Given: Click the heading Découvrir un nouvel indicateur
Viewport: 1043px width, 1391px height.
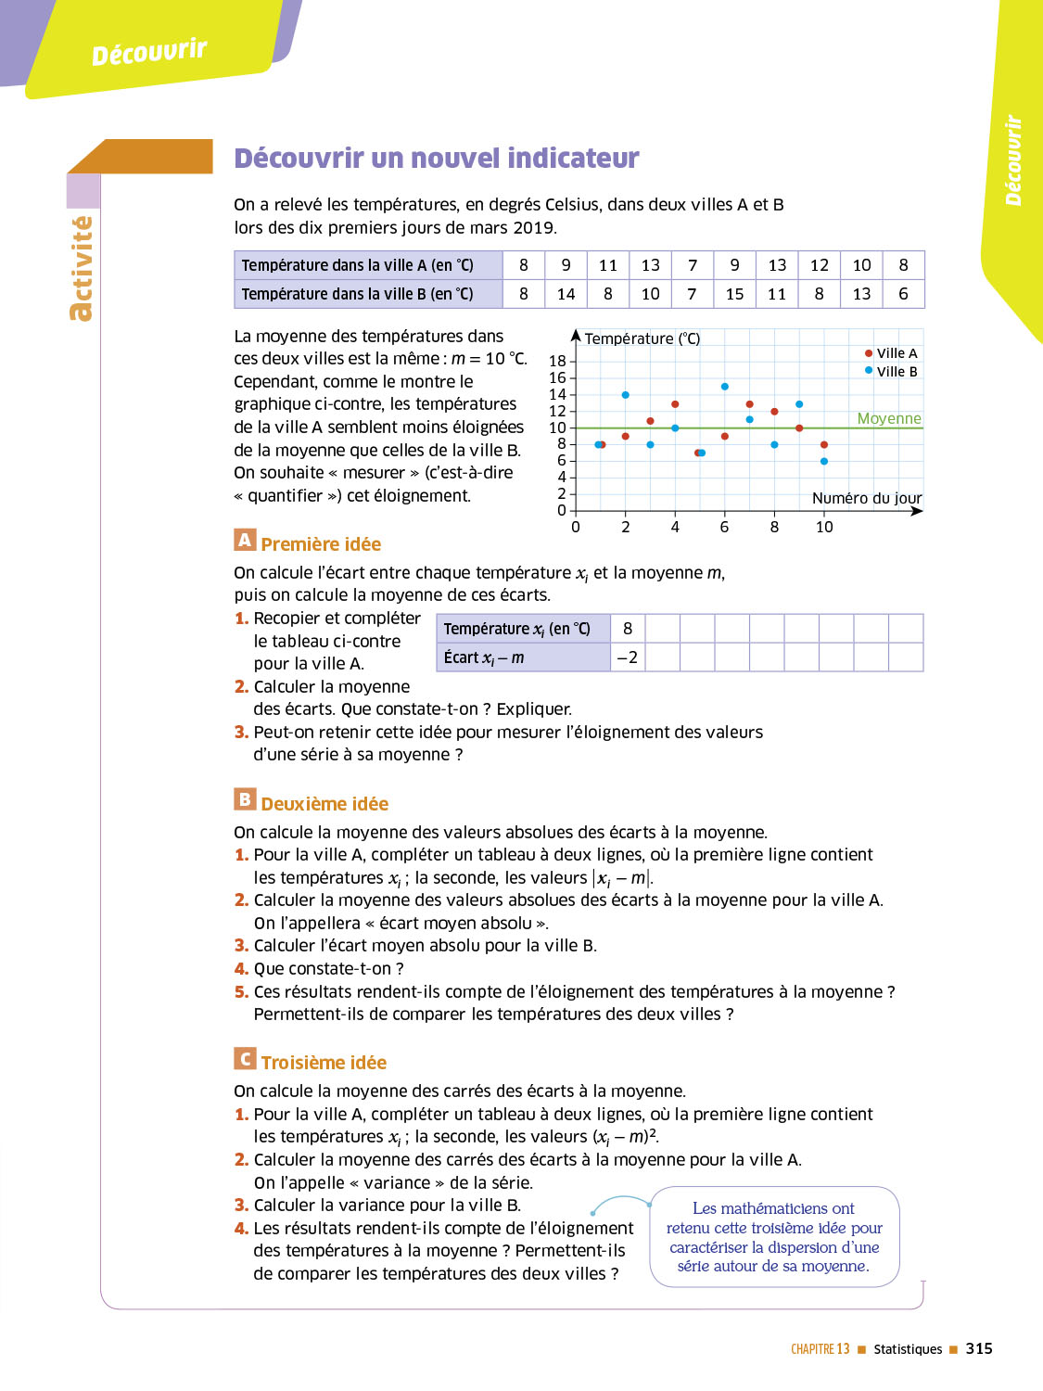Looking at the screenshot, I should click(x=437, y=159).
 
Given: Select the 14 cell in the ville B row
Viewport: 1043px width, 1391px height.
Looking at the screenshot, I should click(x=566, y=294).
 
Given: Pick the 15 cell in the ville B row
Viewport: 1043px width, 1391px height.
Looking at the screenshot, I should click(x=734, y=294).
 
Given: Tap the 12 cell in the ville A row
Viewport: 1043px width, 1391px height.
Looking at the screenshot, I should click(x=819, y=265).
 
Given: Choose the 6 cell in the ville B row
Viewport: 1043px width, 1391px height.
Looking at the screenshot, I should click(x=903, y=294).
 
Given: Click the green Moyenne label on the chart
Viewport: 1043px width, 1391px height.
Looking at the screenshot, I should click(x=889, y=418).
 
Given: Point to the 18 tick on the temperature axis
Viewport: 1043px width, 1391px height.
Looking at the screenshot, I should click(x=557, y=361).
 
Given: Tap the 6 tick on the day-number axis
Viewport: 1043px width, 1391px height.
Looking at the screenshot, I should click(x=724, y=527).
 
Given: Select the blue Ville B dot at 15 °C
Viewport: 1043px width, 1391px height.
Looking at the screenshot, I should click(x=725, y=387).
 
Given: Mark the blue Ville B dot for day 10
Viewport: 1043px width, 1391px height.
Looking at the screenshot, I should click(x=824, y=461).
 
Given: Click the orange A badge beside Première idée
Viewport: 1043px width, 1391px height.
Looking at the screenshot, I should click(x=245, y=540).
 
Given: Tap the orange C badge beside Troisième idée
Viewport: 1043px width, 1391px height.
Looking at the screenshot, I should click(x=245, y=1059).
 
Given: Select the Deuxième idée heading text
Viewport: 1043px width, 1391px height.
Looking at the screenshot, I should click(x=324, y=804).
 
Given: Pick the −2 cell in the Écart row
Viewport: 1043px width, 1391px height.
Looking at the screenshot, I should click(x=628, y=657).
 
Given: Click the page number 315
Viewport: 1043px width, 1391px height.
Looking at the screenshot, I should click(x=979, y=1349).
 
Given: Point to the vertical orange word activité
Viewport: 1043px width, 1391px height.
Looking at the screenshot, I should click(x=82, y=269).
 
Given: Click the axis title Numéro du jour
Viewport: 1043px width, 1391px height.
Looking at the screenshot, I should click(x=867, y=498).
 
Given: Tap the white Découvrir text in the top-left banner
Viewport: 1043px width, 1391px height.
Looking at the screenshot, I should click(x=149, y=52).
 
